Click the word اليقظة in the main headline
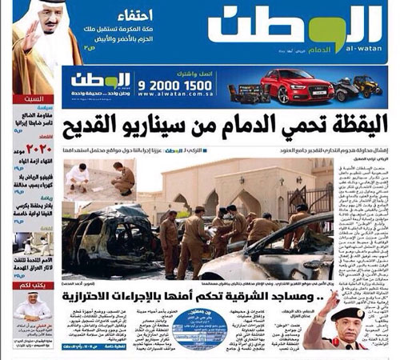(x=351, y=124)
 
